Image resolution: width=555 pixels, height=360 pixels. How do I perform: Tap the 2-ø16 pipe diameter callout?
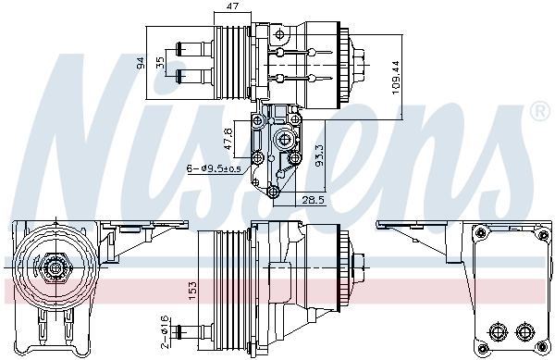click(164, 327)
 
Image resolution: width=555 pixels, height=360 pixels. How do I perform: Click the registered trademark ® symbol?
click(539, 112)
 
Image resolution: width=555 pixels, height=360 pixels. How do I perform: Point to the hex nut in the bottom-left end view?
click(56, 268)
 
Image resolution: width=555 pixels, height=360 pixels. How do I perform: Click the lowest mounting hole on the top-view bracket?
click(272, 192)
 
